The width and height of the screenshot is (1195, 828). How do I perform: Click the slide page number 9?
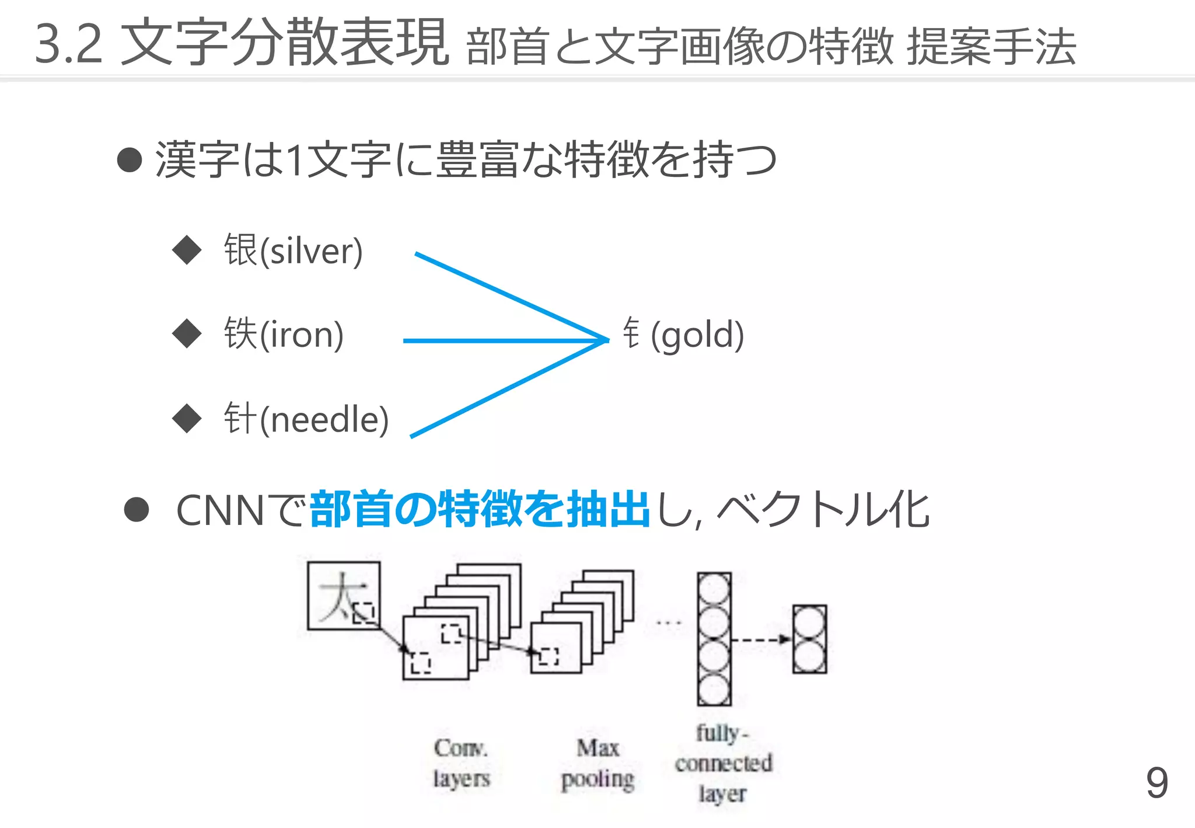click(1156, 783)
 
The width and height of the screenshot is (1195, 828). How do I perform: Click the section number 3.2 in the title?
click(69, 43)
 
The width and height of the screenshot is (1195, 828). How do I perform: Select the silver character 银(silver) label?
click(293, 251)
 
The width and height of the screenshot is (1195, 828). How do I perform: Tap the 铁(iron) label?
click(284, 334)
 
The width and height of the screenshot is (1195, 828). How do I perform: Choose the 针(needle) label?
click(306, 419)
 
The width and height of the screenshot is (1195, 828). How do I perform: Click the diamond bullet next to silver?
click(187, 250)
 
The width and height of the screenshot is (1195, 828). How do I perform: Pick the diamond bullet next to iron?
click(187, 333)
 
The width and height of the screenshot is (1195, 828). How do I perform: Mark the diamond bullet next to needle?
click(187, 418)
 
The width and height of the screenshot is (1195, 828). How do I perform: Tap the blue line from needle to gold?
click(508, 388)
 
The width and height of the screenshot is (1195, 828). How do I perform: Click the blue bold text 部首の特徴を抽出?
click(480, 509)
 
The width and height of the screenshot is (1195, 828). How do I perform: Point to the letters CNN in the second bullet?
click(221, 510)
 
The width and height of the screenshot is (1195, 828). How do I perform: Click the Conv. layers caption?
click(461, 763)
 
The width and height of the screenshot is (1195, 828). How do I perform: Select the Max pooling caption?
click(597, 764)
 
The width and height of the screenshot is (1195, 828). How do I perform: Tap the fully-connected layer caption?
click(723, 763)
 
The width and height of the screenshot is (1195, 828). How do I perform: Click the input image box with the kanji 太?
click(344, 596)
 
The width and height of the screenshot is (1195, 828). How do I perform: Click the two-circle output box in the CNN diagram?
click(809, 639)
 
